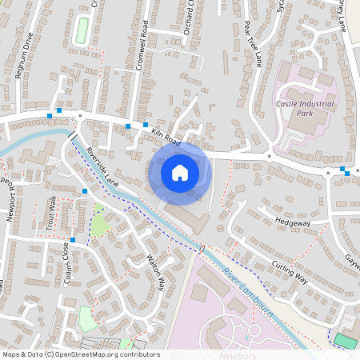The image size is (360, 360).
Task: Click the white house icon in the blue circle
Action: coord(180,172)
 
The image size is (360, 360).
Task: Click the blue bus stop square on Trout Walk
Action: coord(85,191)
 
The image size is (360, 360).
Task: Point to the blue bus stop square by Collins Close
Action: coord(73,240)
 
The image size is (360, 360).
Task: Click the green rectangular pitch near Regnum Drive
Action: coord(81,30)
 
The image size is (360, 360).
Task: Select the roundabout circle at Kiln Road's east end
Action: coord(270,154)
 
